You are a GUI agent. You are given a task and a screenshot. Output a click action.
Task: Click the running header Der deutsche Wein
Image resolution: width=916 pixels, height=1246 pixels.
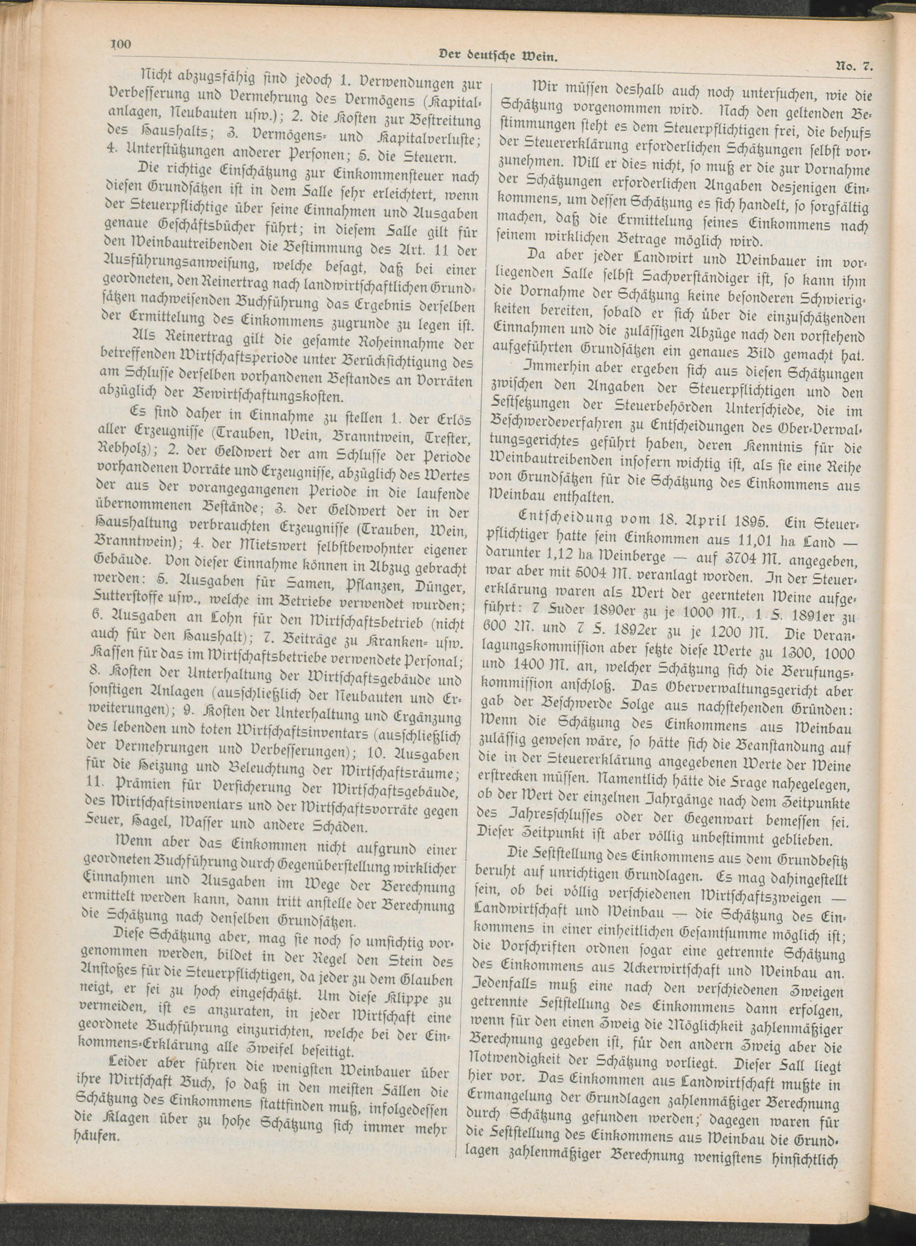click(x=497, y=55)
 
